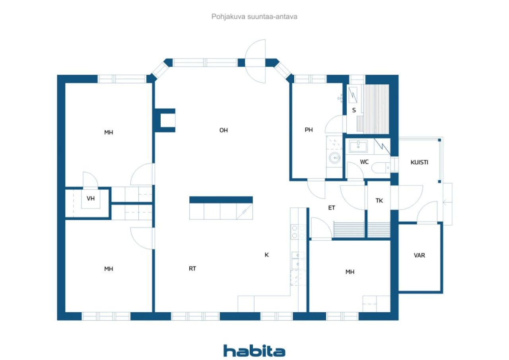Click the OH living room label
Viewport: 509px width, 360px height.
tap(223, 130)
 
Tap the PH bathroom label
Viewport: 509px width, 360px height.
tap(309, 129)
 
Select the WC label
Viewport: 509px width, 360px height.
tap(364, 162)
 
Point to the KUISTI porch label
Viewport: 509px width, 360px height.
tap(420, 162)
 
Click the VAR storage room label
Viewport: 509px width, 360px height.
tap(420, 255)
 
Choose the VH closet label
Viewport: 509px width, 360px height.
tap(91, 198)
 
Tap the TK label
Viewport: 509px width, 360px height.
tap(379, 201)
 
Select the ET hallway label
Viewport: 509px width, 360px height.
tap(331, 208)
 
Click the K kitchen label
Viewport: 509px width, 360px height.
tap(267, 255)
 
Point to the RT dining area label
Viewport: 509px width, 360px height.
tap(192, 269)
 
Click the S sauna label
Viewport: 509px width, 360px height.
tap(354, 110)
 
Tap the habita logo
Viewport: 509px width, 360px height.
tap(254, 351)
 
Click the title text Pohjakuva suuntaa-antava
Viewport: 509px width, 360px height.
tap(254, 17)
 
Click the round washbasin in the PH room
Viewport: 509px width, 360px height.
tap(335, 158)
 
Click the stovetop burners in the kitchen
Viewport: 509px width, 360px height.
tap(298, 232)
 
